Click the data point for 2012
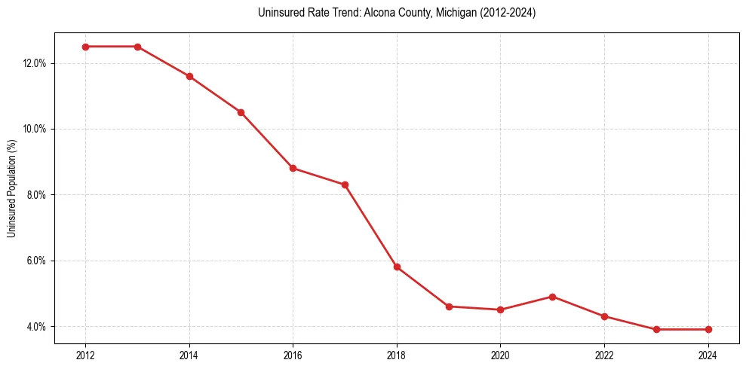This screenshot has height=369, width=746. click(x=85, y=47)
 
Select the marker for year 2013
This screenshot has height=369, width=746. click(x=137, y=47)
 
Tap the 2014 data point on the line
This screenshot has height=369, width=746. click(x=189, y=76)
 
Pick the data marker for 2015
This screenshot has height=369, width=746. click(x=241, y=112)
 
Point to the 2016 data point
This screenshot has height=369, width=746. click(x=293, y=168)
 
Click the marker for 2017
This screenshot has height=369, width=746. click(x=345, y=184)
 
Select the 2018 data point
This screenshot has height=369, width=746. click(x=397, y=267)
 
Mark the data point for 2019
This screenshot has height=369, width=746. click(x=449, y=306)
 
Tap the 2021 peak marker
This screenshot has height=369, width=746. click(x=552, y=297)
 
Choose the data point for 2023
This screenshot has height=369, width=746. click(x=656, y=329)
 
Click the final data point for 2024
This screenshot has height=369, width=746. click(x=708, y=329)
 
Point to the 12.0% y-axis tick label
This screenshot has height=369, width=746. click(x=35, y=63)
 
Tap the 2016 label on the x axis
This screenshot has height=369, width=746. click(x=293, y=355)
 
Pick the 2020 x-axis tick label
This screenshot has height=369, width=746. click(x=500, y=355)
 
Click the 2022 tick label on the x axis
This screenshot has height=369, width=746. click(x=604, y=355)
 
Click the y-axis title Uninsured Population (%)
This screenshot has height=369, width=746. click(x=12, y=188)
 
